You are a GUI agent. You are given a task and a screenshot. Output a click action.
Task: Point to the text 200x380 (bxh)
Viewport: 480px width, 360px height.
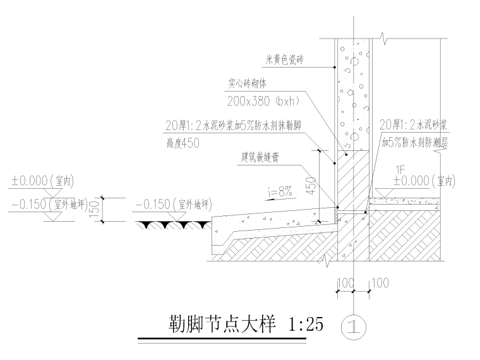coord(263,100)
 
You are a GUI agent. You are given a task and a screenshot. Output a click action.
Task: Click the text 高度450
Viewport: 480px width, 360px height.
coord(183,143)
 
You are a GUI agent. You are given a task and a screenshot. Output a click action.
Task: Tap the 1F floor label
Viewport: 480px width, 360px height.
coord(399,169)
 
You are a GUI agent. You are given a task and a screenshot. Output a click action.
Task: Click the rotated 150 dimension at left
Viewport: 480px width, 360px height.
coord(95,208)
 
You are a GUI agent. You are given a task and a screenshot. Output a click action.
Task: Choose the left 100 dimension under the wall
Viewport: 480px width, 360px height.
coord(345,284)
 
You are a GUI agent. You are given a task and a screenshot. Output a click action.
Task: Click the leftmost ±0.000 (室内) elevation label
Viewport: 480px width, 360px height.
coord(42,182)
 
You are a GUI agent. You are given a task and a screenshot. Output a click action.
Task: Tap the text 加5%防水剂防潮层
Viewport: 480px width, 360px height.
coord(414,143)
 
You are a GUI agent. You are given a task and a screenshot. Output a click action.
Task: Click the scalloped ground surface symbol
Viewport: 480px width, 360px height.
coord(174,224)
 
